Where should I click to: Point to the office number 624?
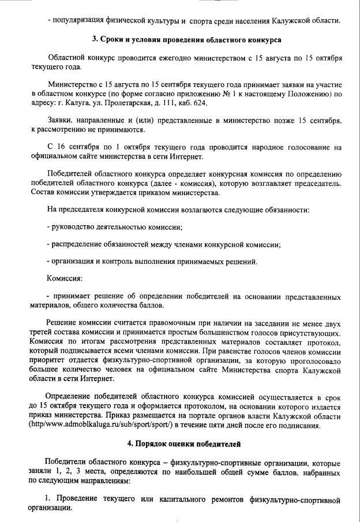coord(200,103)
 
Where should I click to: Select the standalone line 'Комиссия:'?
coord(65,279)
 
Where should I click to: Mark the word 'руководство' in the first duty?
coord(77,226)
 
